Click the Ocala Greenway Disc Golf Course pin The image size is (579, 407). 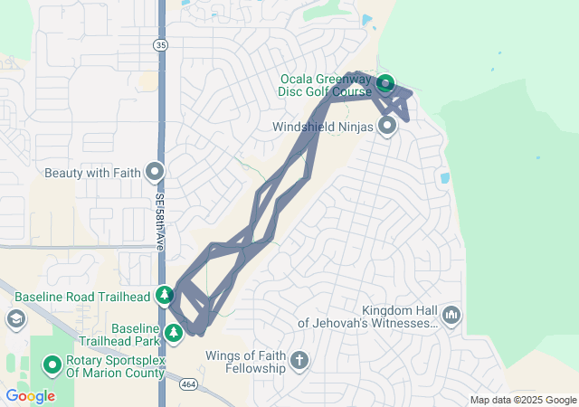coord(385,84)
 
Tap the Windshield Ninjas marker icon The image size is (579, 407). coord(387,127)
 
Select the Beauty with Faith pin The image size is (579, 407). coord(155,170)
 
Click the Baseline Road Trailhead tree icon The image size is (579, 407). coord(165,295)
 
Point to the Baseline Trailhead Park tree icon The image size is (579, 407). coord(173,333)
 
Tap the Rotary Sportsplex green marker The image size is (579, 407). coord(52,365)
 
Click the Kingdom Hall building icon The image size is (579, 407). coord(451,316)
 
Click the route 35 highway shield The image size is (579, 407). coord(160,43)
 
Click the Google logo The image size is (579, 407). coord(29,396)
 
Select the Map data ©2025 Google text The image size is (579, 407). coord(523,401)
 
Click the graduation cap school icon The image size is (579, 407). coord(15,318)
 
